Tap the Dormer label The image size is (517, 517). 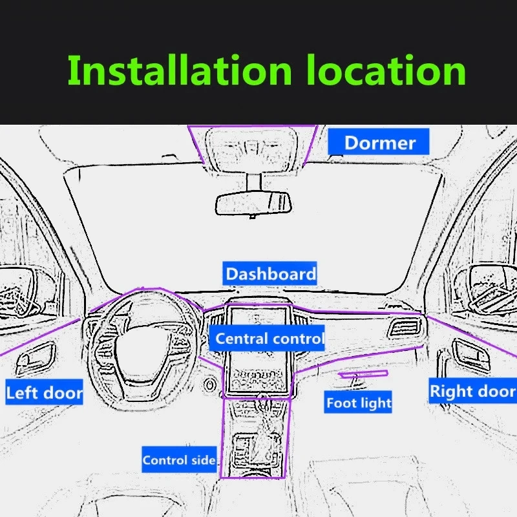[x=379, y=142]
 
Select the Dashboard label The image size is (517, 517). [x=271, y=273]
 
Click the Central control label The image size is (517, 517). [x=269, y=339]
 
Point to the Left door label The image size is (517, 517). [x=44, y=392]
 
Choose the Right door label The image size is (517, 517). [x=472, y=391]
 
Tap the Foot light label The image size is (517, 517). [x=359, y=403]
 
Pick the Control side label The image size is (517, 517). [x=179, y=460]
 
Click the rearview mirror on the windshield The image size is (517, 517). [x=253, y=202]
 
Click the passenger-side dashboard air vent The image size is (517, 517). [x=403, y=327]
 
